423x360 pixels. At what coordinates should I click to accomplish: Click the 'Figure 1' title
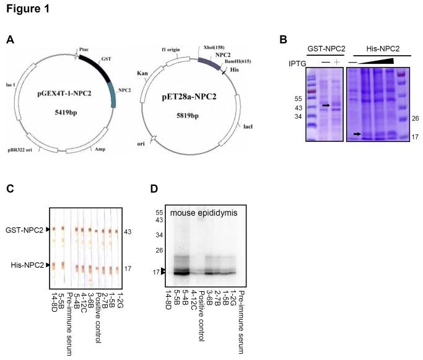pos(25,9)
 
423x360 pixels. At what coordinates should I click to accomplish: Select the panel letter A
pos(10,40)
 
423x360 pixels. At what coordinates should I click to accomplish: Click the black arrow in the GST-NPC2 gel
pos(326,106)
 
